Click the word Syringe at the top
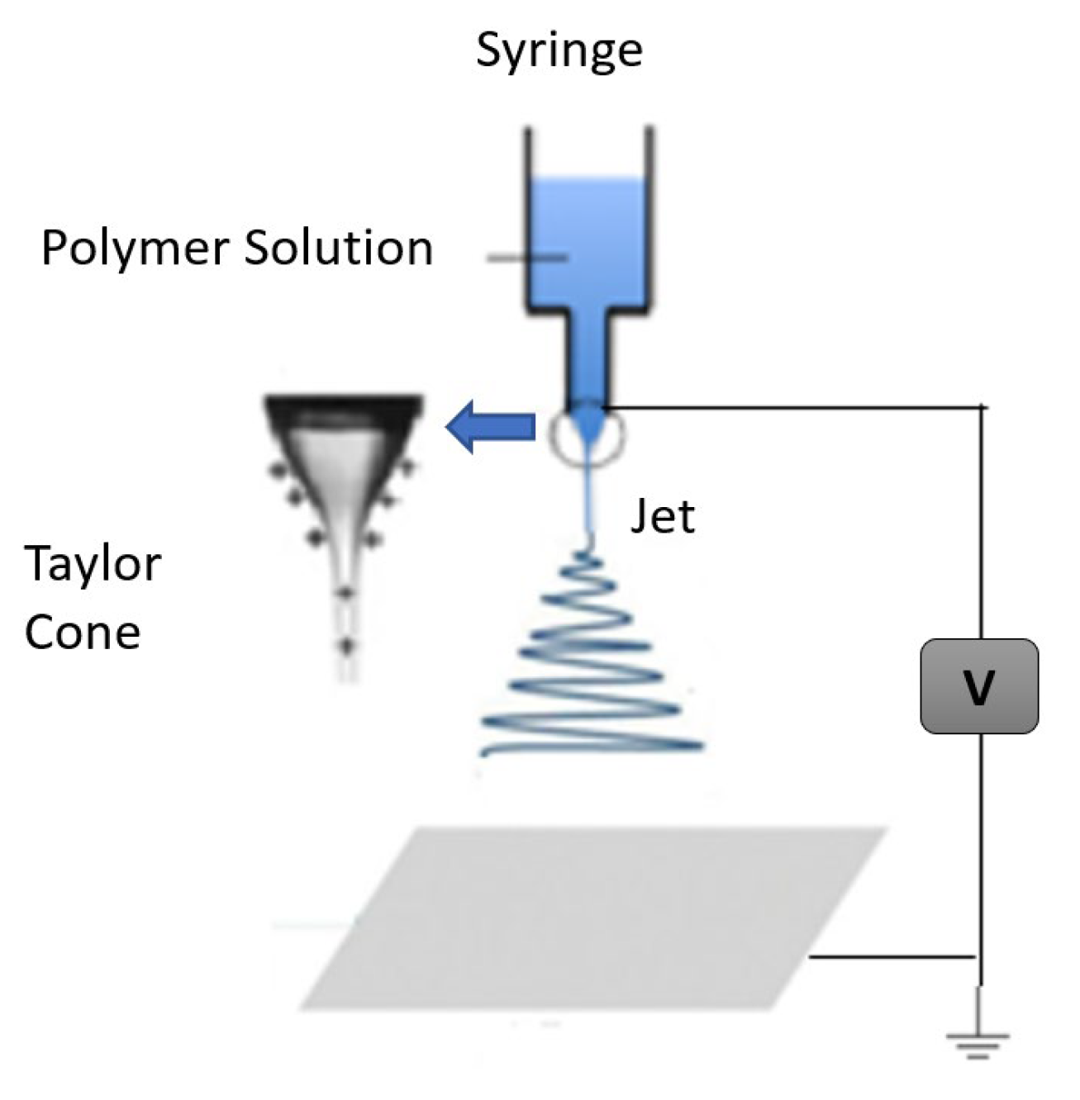click(559, 51)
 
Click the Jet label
click(663, 517)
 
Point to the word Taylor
click(93, 566)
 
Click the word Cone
click(82, 633)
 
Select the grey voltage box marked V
click(979, 686)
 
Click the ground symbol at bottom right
click(979, 1042)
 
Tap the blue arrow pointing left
click(491, 427)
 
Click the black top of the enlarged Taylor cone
click(344, 410)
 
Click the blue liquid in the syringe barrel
click(589, 239)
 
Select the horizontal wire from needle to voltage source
click(793, 407)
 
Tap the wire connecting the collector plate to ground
click(892, 957)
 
